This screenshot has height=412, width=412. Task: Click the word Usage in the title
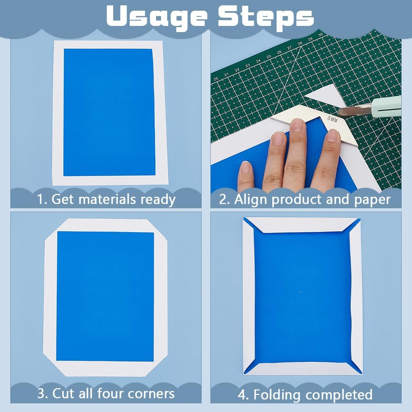coord(157,17)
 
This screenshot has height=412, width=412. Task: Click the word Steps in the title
coord(265,17)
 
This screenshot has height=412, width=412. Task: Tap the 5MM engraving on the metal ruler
coord(332,119)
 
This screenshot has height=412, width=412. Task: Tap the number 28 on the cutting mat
coord(300,44)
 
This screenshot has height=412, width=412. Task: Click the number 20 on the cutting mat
coord(216,79)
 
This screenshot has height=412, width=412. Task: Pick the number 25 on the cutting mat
coord(268,56)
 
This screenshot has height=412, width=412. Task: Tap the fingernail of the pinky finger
coord(245,167)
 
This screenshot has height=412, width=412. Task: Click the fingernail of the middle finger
coord(298,125)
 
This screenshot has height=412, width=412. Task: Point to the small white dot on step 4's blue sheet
coord(300,292)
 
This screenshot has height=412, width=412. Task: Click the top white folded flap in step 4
coord(302,226)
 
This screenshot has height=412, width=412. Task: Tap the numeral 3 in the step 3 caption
coord(41,393)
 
